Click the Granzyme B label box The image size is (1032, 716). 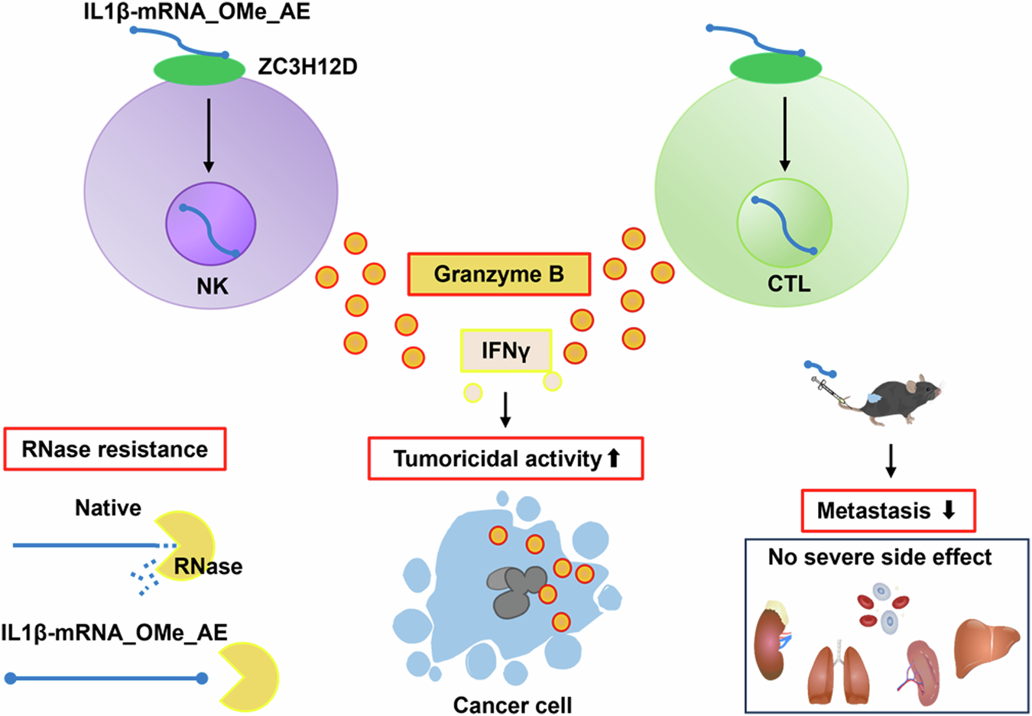498,274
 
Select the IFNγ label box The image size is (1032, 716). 505,351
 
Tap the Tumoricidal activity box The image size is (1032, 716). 505,458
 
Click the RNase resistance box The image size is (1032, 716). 115,449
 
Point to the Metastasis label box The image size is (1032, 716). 888,510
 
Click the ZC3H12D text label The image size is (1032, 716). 307,67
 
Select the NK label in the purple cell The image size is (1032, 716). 212,287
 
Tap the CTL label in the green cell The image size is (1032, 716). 788,284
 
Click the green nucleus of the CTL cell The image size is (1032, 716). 784,223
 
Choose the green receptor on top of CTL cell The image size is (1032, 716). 775,68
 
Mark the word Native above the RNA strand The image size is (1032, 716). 108,508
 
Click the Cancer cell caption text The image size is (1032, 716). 512,704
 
